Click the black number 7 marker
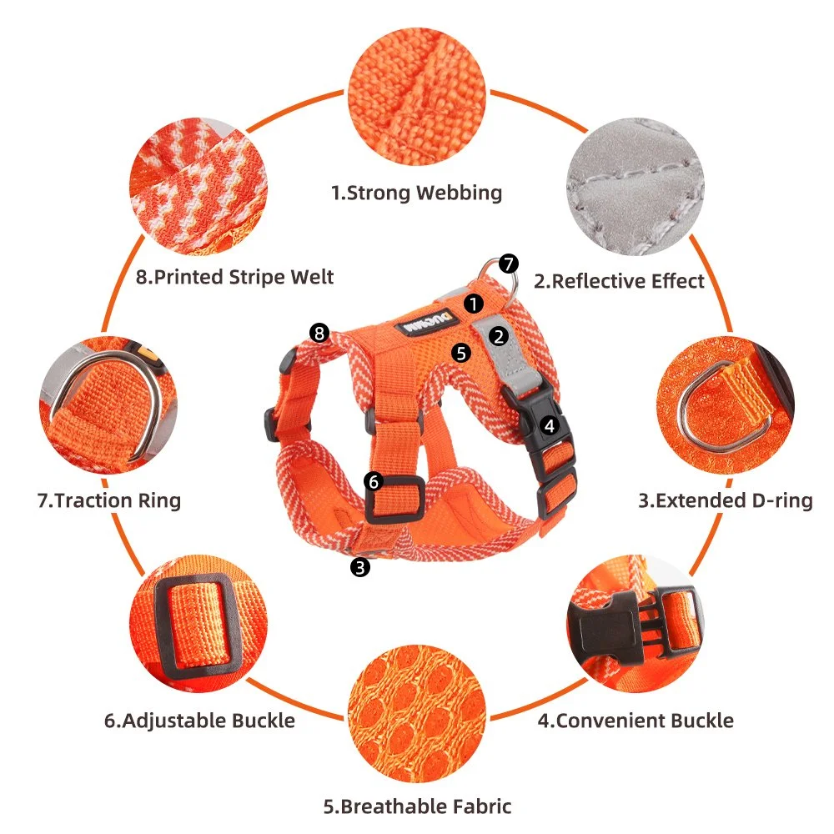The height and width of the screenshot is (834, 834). pos(509,264)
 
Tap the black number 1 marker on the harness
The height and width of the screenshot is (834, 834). pos(474,304)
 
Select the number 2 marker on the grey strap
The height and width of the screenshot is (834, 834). pos(499,336)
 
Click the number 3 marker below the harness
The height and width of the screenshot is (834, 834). pos(360,567)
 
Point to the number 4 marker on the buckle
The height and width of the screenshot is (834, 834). pos(550,425)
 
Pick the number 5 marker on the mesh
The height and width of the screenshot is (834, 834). pos(461,353)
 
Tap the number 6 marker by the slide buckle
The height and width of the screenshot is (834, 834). pos(374,482)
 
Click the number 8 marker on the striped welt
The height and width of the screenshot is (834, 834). pos(319,333)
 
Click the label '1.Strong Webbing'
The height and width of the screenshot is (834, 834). pos(416,193)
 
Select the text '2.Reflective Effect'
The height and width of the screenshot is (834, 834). pos(619,281)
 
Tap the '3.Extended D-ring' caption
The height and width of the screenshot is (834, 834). pos(726,500)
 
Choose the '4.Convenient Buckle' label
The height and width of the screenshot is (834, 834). pos(636,721)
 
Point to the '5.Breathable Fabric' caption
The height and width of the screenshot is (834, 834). pos(418,806)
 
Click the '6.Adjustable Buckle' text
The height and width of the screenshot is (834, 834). pos(199,721)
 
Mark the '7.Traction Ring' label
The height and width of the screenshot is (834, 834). pos(109,500)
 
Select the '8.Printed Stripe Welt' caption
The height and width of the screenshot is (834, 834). pos(234,277)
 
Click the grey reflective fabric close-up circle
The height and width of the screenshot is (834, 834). pos(635,187)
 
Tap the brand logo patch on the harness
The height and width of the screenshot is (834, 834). pos(426,322)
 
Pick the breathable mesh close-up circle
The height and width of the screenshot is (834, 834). pos(417,714)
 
